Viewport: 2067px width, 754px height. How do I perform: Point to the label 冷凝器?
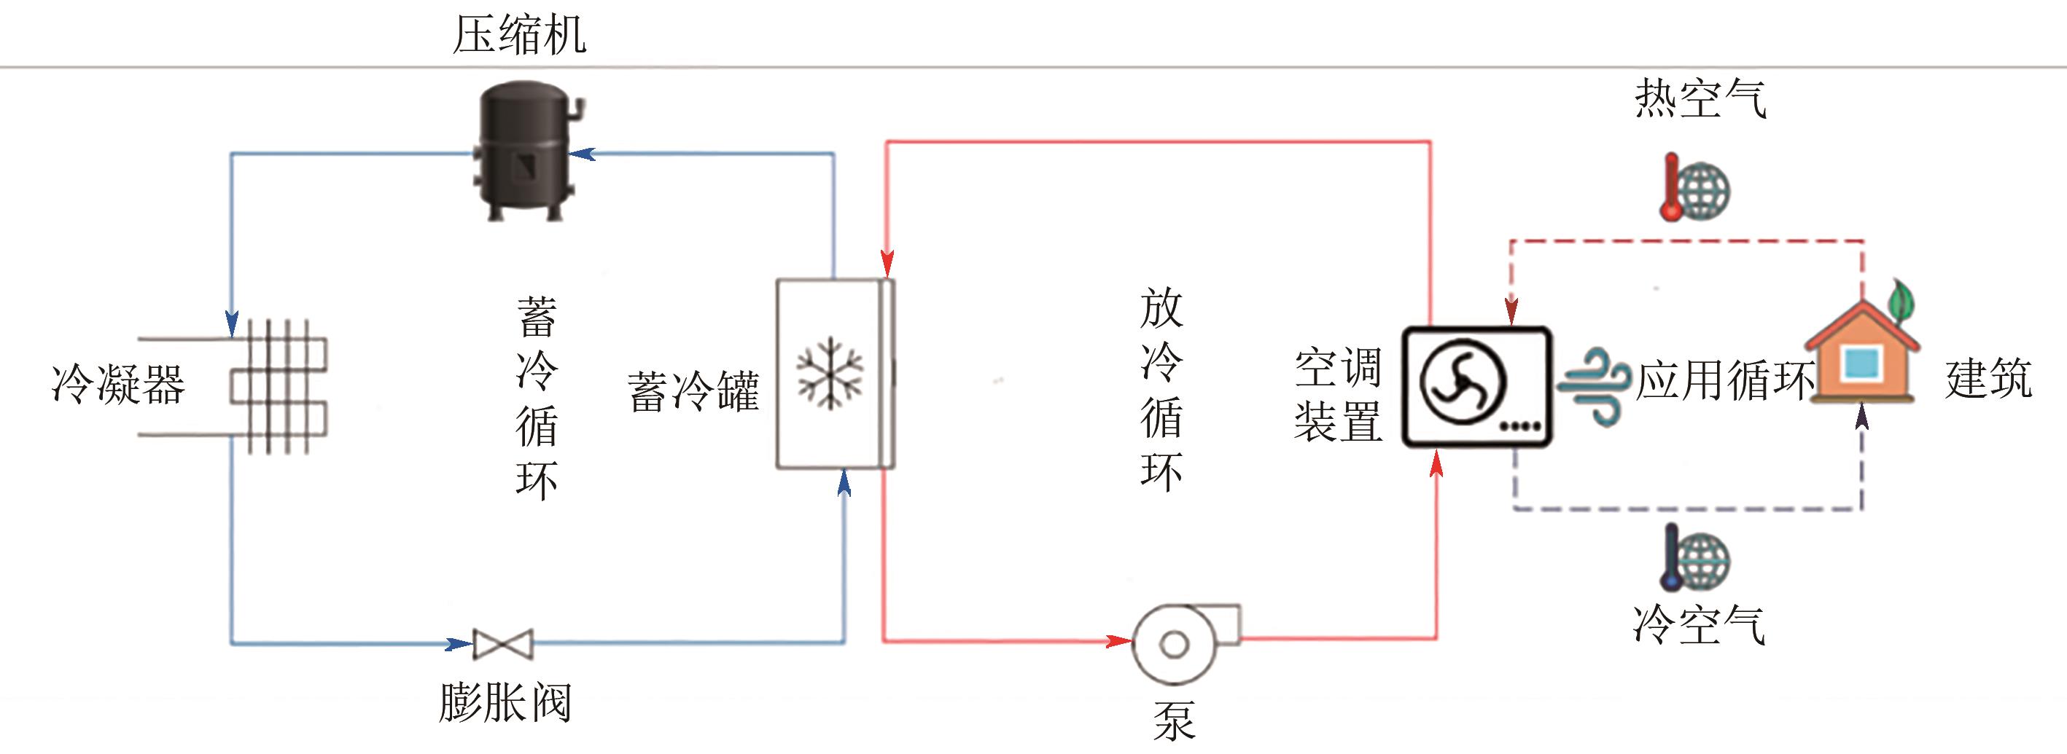click(x=118, y=384)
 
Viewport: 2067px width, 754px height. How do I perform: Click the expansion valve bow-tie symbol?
click(x=503, y=644)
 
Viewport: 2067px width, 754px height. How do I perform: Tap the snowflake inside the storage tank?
click(x=830, y=373)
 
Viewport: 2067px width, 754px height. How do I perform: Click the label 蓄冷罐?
click(x=693, y=391)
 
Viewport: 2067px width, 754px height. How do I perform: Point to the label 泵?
click(x=1174, y=720)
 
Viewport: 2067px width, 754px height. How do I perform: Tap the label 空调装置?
click(x=1338, y=395)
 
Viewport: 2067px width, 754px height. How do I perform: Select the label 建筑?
click(x=1988, y=380)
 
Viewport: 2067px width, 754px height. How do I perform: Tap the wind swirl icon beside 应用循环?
click(x=1594, y=385)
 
